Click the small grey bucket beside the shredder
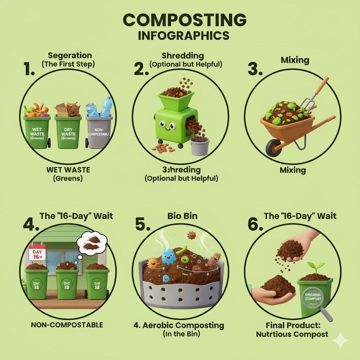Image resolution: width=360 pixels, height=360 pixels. (x=199, y=146)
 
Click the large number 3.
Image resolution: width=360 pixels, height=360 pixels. (x=255, y=69)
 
